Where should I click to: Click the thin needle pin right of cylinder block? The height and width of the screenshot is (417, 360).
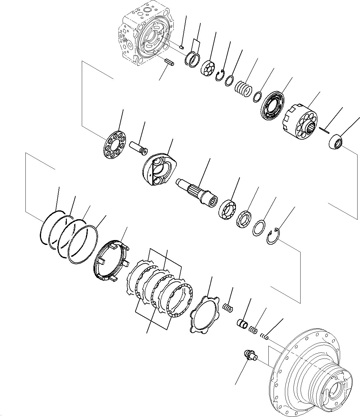point(324,130)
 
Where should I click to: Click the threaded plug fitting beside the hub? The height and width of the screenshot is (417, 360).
point(250,356)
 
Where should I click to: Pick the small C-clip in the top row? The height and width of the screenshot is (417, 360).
point(220,75)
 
